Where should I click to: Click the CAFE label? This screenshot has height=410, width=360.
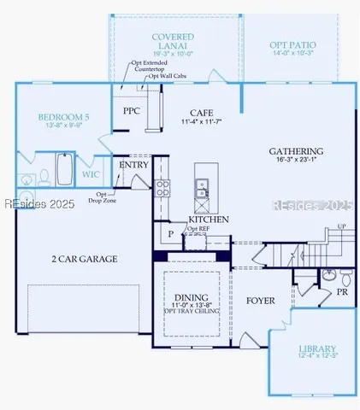coord(202,112)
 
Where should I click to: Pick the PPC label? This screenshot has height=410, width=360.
coord(131,111)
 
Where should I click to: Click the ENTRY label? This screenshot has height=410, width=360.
coord(134,164)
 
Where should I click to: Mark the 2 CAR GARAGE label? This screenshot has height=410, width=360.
coord(83,258)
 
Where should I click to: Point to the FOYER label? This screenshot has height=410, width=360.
coord(261,301)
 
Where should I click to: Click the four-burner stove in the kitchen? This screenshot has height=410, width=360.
coord(162,190)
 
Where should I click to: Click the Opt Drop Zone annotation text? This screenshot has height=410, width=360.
coord(106,198)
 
